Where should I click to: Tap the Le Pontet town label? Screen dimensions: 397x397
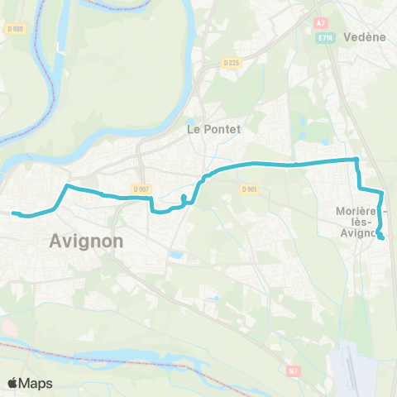(x=207, y=130)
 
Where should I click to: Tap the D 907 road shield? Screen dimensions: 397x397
(x=140, y=189)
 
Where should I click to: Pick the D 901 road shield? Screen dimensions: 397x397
(x=250, y=189)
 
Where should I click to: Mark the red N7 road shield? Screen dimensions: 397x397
(x=294, y=371)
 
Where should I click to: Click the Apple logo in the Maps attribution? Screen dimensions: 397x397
(x=13, y=383)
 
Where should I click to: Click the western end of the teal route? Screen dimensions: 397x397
(x=13, y=213)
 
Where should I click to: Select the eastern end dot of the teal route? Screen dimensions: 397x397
(x=381, y=238)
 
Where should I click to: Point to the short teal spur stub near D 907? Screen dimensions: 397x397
(x=183, y=198)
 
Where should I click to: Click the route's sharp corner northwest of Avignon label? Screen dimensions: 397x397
(x=67, y=188)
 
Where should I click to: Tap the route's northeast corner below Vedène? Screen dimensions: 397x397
(x=356, y=159)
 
